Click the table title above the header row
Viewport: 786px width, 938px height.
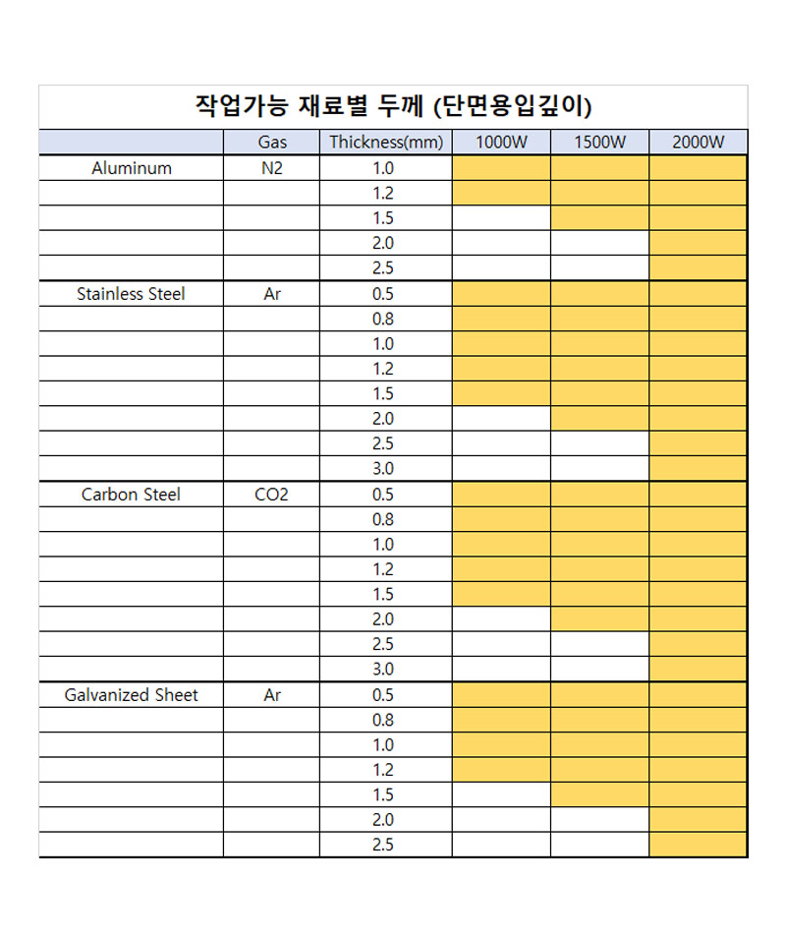click(393, 106)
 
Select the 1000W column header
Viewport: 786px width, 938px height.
click(501, 143)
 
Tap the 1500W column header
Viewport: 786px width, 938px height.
click(599, 143)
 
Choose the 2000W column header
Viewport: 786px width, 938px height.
click(698, 143)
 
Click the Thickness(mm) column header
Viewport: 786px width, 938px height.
click(386, 143)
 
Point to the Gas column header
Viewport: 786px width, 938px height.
click(272, 143)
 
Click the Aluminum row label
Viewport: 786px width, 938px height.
click(132, 168)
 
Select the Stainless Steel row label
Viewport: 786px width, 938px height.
click(131, 294)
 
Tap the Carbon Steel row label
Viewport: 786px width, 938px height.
click(131, 495)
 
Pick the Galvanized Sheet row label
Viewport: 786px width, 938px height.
click(132, 695)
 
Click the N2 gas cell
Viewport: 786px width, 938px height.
click(272, 168)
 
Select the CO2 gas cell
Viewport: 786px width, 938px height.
click(272, 495)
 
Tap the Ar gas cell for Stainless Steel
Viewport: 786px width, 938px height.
click(272, 294)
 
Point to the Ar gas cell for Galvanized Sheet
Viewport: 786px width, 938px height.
click(272, 695)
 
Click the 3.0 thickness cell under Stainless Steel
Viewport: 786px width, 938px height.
click(383, 469)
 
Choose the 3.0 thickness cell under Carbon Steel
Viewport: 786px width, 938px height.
click(383, 670)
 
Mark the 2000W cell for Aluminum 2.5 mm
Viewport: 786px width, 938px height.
click(698, 268)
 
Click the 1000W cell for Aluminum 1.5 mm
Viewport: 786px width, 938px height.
click(501, 218)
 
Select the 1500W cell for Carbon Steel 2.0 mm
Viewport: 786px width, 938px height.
click(599, 619)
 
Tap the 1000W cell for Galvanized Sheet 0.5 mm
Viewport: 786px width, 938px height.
click(501, 695)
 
